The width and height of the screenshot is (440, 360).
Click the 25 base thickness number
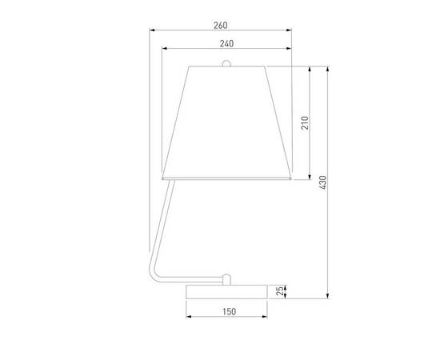tap(281, 291)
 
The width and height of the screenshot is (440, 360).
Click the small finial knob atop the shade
tap(226, 62)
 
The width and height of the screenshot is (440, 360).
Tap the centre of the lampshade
tap(226, 120)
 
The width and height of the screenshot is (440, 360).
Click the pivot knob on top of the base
tap(226, 278)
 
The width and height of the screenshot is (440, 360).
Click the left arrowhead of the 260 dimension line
tap(152, 30)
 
